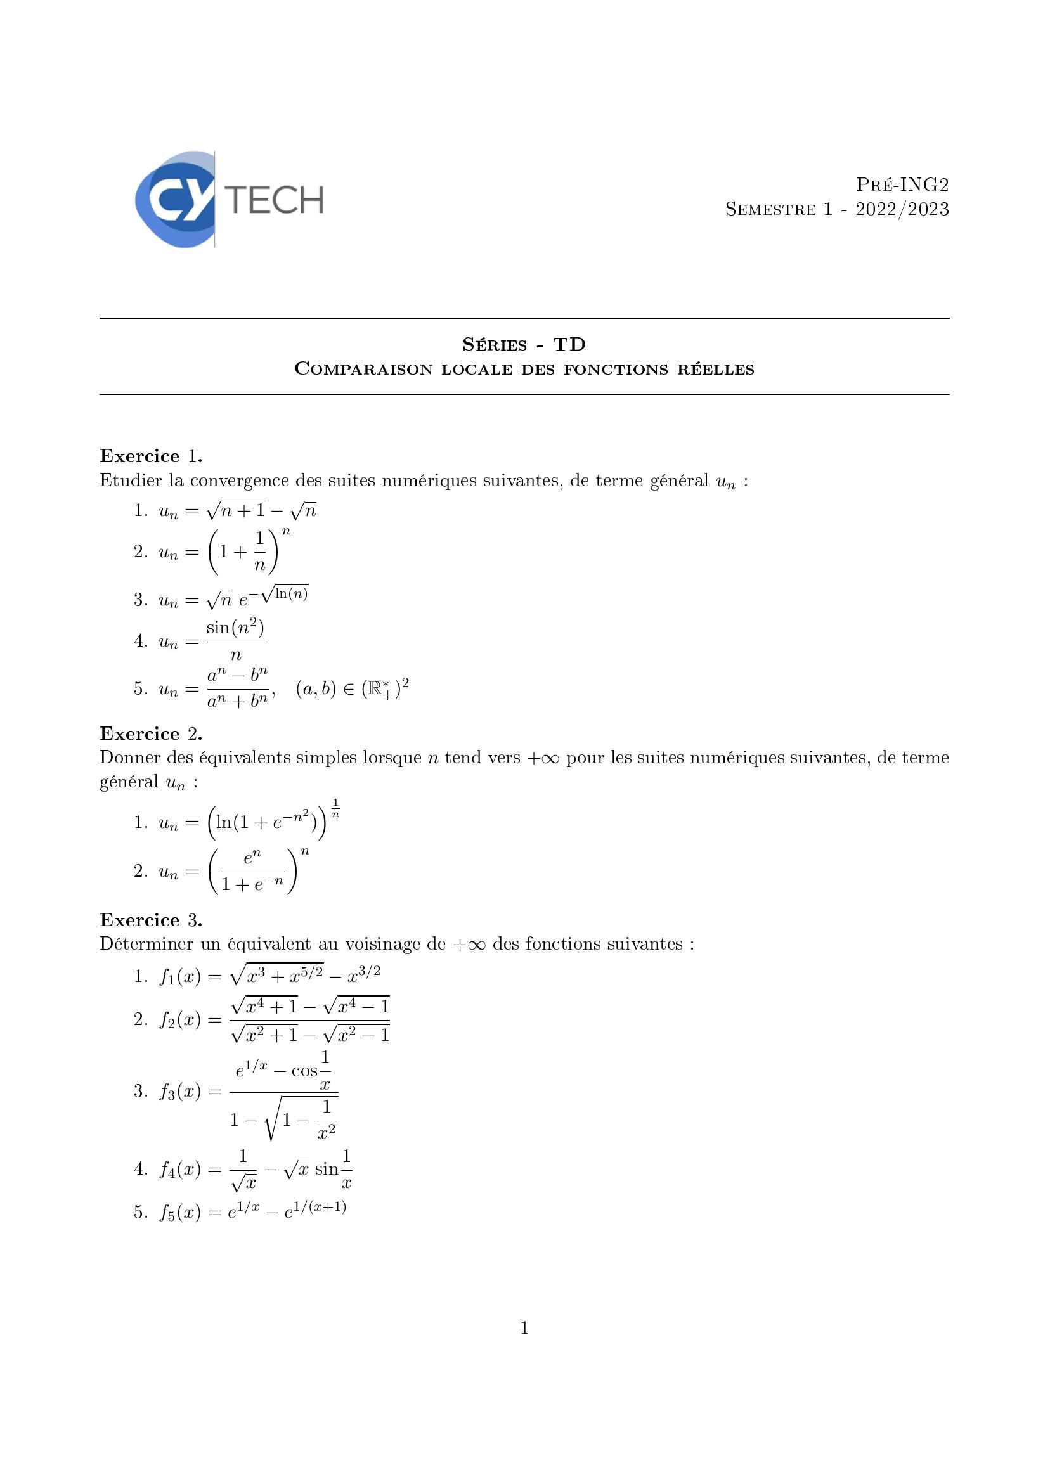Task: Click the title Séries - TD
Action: coord(524,344)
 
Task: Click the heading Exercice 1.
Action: coord(151,456)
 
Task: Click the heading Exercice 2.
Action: coord(151,733)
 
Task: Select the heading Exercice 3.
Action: coord(151,920)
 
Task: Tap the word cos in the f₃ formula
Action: coord(304,1071)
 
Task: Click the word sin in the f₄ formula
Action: coord(327,1169)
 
